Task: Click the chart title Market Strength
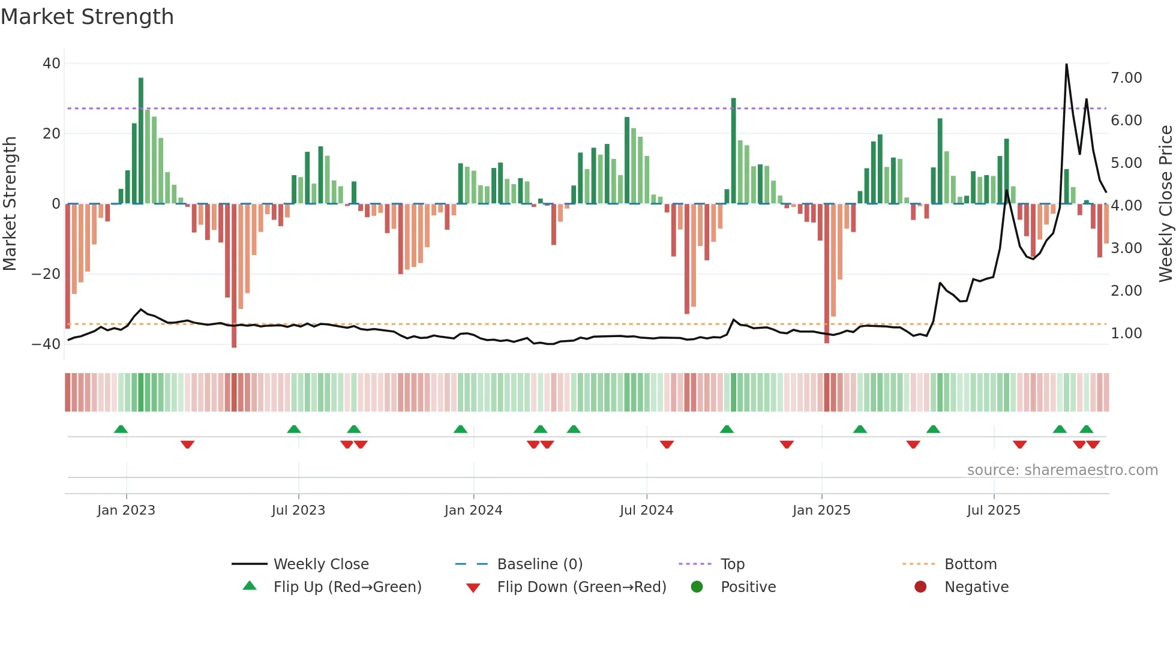(87, 17)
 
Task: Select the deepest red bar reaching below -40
(234, 276)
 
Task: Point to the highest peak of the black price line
(1066, 65)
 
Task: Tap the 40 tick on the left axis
(52, 64)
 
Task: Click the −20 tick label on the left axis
(46, 274)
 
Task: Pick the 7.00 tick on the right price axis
(1126, 78)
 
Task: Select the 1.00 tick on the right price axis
(1126, 333)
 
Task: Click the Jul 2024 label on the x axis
(646, 510)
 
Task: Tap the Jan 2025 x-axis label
(821, 510)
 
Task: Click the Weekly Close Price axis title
(1165, 204)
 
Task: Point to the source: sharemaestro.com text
(1062, 470)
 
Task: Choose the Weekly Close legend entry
(321, 564)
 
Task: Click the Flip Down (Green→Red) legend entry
(581, 587)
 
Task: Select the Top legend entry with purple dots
(732, 564)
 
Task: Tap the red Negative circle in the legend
(920, 587)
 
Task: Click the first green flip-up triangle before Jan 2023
(121, 429)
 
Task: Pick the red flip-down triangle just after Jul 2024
(667, 444)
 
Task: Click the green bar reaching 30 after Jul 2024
(733, 150)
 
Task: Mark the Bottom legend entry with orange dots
(970, 564)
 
